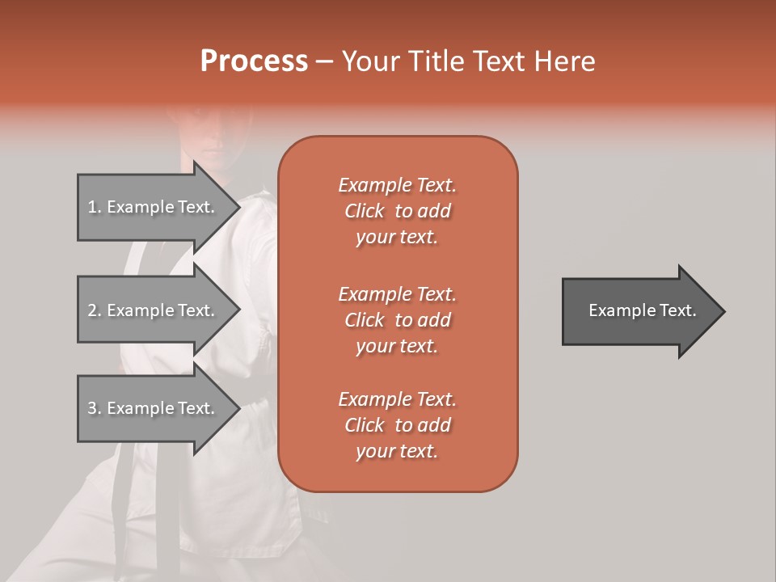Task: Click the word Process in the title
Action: (x=254, y=61)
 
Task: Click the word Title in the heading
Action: (x=432, y=61)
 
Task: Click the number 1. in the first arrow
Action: (x=95, y=207)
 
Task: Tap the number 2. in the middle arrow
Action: (x=95, y=310)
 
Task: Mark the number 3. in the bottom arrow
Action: (x=95, y=408)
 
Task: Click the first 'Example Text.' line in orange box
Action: (x=397, y=185)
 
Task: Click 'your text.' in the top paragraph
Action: (x=397, y=238)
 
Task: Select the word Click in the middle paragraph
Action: (x=365, y=320)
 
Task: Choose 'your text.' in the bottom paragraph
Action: (x=397, y=452)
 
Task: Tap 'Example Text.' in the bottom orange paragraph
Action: (x=397, y=399)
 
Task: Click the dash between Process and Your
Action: (x=324, y=61)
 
